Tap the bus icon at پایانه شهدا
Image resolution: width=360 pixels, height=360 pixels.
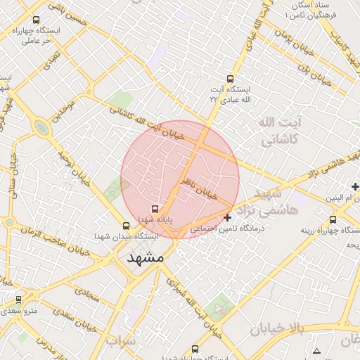click(x=155, y=209)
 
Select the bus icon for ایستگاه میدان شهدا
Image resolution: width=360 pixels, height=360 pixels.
click(x=126, y=226)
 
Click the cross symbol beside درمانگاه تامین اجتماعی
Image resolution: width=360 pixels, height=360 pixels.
click(x=227, y=218)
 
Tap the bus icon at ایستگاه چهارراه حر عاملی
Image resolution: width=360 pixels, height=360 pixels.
click(x=36, y=20)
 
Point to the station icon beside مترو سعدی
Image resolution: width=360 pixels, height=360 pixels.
click(x=18, y=300)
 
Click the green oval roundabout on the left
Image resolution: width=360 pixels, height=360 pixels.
click(x=41, y=129)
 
